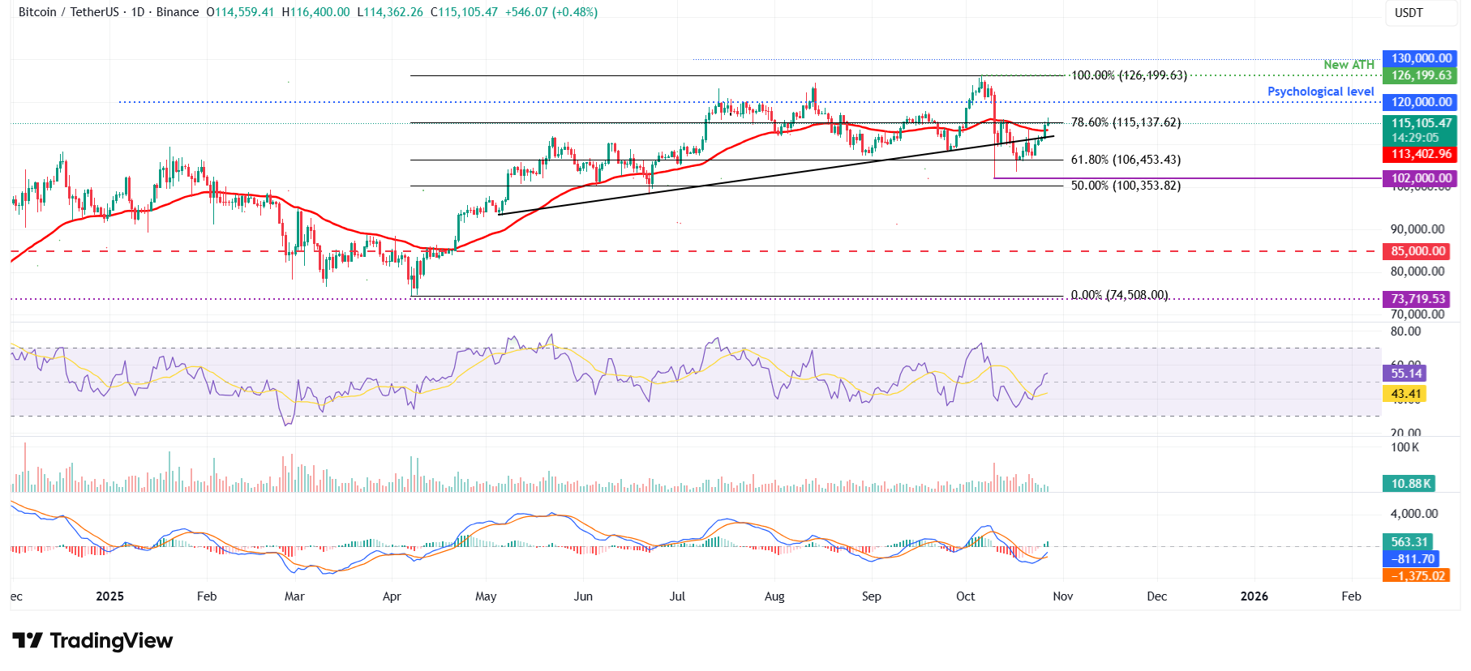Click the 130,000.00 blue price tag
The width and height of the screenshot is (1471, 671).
tap(1421, 58)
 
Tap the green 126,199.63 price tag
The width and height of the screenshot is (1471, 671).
tap(1421, 75)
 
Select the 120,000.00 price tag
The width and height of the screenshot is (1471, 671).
tap(1421, 102)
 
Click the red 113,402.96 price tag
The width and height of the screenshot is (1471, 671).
tap(1421, 154)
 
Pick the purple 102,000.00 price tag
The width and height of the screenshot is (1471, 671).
tap(1421, 178)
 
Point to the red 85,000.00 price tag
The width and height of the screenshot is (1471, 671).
tap(1417, 251)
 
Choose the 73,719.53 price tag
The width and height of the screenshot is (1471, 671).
tap(1417, 299)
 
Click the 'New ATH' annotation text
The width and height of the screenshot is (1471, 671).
tap(1349, 65)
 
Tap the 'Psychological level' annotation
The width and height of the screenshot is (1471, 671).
tap(1320, 92)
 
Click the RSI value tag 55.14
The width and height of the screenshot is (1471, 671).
tap(1406, 374)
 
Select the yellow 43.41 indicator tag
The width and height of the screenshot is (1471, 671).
tap(1406, 394)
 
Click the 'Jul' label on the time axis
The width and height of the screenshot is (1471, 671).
tap(677, 596)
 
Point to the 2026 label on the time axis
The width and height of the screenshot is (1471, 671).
tap(1254, 596)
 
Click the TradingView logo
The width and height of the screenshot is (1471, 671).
tap(92, 641)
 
